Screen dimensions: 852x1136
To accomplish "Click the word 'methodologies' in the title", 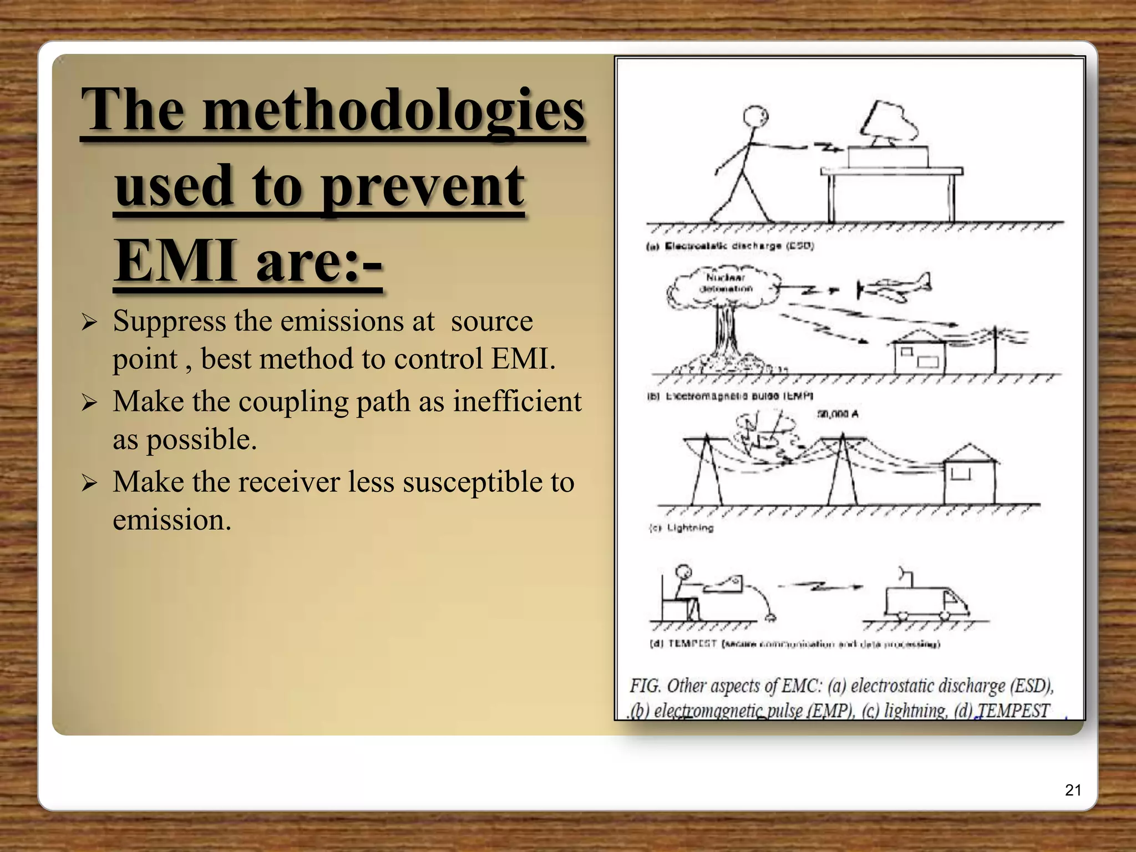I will coord(394,111).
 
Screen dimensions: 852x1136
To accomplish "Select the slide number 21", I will coord(1073,790).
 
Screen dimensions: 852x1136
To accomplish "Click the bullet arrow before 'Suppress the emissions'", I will coord(89,322).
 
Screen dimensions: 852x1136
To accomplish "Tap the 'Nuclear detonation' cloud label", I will coord(726,283).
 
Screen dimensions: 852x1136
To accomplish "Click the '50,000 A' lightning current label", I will coord(838,414).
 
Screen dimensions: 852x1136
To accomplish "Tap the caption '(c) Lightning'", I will coord(682,528).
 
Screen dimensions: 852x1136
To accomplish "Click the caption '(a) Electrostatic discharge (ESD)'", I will coord(730,246).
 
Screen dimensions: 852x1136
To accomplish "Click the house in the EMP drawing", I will coord(919,352).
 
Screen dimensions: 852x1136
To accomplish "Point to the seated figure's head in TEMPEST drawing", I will coord(683,572).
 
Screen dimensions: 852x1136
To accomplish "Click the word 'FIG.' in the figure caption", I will coord(645,686).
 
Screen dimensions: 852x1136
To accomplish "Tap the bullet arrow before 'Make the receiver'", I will coord(89,483).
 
